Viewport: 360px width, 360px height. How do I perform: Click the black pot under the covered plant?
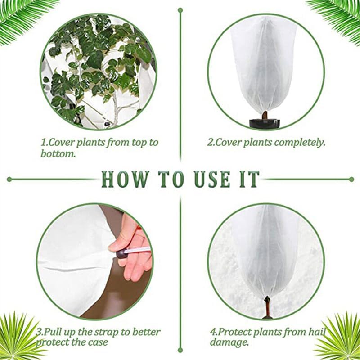[x=265, y=123]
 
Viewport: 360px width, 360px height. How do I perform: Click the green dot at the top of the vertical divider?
[x=180, y=9]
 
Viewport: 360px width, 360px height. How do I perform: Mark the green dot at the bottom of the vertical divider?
[x=180, y=349]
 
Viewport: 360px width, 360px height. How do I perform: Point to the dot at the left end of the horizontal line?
[x=9, y=179]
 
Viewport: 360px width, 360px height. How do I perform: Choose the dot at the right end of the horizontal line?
[x=351, y=179]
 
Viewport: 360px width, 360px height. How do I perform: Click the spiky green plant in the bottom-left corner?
[x=18, y=335]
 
